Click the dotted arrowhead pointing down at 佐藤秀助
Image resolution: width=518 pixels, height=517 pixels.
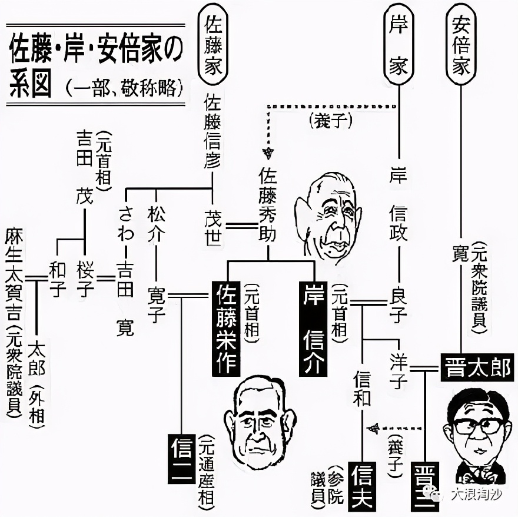point(268,154)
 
